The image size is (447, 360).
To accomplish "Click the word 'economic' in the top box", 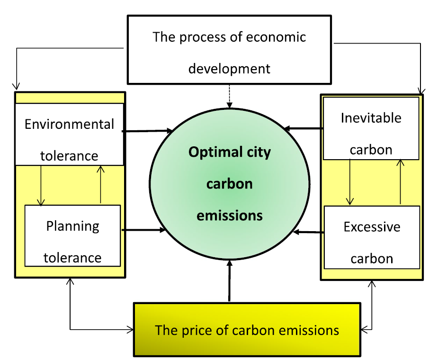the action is point(276,37).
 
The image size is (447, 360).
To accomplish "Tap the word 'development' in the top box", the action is point(229,69).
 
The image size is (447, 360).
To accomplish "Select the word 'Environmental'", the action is point(69,125).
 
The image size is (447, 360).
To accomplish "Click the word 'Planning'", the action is point(73,227).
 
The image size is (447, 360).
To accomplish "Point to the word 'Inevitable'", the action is point(371,118).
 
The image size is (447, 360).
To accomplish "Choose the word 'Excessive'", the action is point(372,227).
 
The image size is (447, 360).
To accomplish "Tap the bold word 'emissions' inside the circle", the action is point(230,216).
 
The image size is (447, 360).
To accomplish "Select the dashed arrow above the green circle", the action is point(230,96).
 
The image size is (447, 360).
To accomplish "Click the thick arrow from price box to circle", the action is point(230,280).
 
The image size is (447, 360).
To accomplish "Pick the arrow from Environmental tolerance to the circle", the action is point(147,131).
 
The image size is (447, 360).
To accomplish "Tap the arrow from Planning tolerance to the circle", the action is point(143,230).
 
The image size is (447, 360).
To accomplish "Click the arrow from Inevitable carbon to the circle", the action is point(304,128).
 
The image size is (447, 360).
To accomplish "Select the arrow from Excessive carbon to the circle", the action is point(309,232).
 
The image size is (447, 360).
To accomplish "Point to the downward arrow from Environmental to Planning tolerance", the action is point(41,185).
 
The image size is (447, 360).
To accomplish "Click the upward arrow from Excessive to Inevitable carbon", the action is point(400,182).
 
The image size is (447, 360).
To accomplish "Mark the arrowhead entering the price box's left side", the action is point(130,330).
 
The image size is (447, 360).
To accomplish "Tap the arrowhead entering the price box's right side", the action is point(365,330).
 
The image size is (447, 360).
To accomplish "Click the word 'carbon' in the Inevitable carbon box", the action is point(371,150).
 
